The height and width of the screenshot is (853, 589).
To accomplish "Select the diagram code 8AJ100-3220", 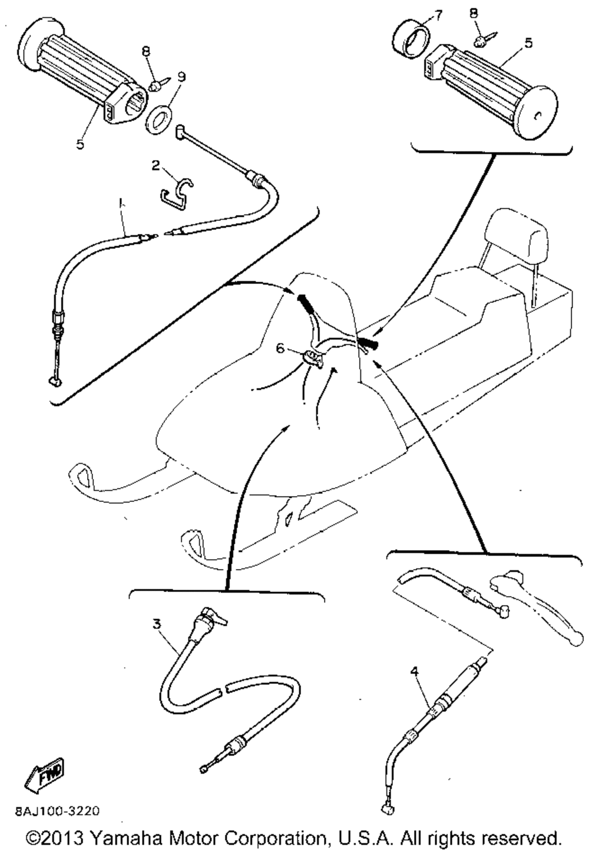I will point(57,811).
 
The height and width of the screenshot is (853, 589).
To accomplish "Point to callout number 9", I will point(182,76).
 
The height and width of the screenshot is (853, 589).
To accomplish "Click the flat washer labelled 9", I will point(160,113).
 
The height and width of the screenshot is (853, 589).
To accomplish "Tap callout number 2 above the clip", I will point(155,166).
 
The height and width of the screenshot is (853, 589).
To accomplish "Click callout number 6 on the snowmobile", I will point(280,348).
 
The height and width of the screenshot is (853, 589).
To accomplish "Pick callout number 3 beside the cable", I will point(156,623).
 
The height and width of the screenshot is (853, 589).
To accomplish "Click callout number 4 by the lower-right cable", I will point(415,671).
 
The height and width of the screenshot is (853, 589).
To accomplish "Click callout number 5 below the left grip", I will point(80,143).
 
